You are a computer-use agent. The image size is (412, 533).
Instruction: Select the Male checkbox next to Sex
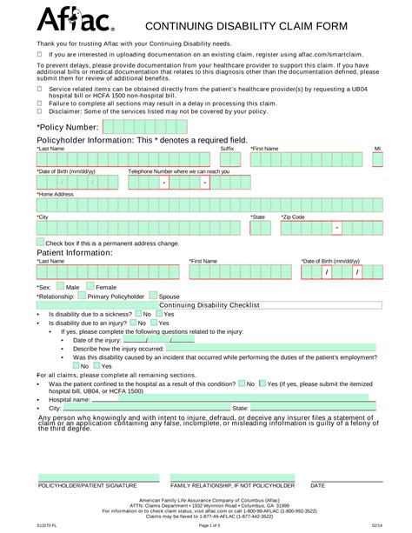[60, 285]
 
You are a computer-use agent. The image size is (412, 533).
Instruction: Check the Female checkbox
[90, 285]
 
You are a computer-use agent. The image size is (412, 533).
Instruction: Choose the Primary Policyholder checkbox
[81, 296]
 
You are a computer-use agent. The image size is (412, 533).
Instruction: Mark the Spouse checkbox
[152, 296]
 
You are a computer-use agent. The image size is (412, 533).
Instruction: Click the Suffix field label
[227, 149]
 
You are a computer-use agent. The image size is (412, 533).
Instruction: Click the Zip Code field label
[293, 216]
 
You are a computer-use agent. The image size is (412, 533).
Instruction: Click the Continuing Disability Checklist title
[205, 305]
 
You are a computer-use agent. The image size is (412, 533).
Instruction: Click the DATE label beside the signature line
[318, 484]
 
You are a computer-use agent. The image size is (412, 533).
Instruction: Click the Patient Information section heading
[75, 251]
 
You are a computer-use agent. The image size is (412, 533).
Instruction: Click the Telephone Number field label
[179, 171]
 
